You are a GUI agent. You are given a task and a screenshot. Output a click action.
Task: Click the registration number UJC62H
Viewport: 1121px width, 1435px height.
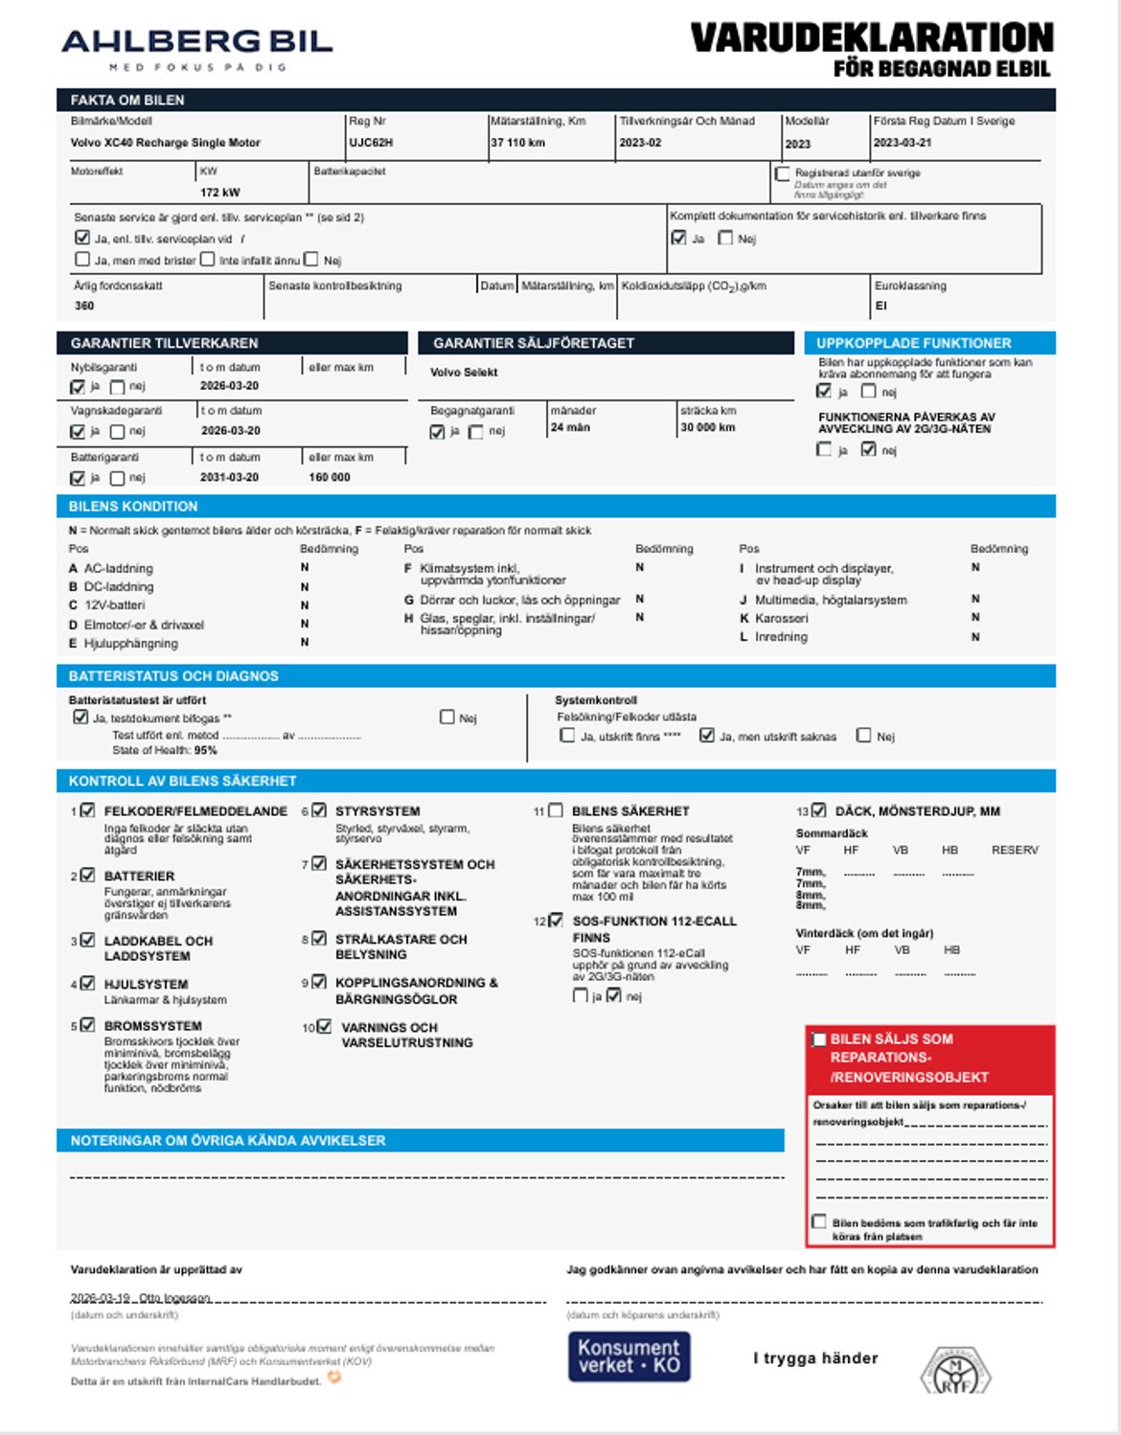371,143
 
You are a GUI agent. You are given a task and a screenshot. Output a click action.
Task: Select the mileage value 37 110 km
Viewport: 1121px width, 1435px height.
517,143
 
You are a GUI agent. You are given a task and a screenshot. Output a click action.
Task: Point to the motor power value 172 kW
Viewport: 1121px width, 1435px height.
219,193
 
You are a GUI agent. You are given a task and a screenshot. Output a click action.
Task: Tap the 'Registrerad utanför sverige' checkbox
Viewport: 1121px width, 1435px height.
783,173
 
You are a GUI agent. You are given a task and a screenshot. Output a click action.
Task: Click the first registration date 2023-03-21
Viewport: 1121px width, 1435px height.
902,143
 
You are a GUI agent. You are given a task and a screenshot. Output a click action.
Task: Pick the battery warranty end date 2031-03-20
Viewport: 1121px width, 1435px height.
229,477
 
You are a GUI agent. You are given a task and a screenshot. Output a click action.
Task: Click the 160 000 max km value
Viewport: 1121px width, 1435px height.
329,477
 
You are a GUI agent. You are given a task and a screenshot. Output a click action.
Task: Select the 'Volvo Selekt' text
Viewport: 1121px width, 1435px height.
464,373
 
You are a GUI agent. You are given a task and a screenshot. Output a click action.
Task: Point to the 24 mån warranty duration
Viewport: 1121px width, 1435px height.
570,428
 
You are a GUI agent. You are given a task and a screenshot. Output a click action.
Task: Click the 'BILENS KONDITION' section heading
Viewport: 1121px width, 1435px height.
133,507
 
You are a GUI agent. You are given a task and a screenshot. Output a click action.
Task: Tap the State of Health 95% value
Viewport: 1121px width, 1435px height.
205,751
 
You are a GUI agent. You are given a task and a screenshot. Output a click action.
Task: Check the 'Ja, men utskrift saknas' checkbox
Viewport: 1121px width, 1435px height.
707,736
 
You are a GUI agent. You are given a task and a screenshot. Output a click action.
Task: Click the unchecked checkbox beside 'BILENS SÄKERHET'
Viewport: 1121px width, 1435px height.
556,810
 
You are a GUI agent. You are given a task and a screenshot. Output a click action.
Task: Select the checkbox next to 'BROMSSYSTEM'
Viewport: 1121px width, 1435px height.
88,1025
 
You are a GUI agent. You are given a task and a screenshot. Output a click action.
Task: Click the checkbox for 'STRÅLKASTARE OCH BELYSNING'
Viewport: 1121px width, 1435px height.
319,939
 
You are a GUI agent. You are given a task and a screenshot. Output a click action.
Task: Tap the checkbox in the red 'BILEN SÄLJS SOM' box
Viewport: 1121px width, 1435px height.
819,1039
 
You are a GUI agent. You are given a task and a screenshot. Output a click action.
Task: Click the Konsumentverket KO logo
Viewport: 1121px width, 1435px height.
629,1356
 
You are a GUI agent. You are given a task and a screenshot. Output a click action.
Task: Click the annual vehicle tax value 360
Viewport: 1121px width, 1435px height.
84,306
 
